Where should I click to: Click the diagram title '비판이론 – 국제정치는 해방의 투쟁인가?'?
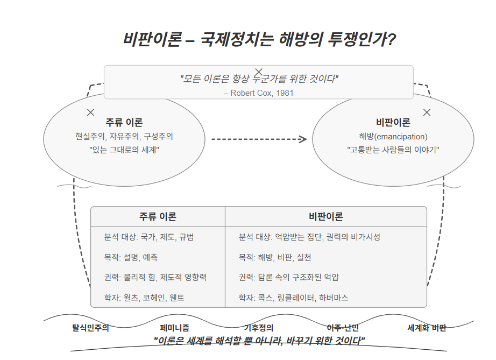[x=259, y=39]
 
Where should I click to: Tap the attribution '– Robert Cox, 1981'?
[x=258, y=93]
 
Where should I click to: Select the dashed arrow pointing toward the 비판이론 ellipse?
[x=258, y=139]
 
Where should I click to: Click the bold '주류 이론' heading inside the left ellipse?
[x=124, y=122]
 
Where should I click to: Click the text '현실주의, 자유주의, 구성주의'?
[x=124, y=137]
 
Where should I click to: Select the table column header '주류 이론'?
[x=158, y=216]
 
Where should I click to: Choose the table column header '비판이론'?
[x=325, y=216]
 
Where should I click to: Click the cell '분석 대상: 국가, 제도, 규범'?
[x=149, y=237]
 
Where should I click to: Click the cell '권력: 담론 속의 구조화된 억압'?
[x=288, y=277]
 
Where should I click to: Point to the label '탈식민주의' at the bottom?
[x=91, y=327]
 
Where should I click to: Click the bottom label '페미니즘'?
[x=175, y=327]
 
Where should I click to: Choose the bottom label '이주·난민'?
[x=343, y=327]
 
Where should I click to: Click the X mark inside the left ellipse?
[x=90, y=112]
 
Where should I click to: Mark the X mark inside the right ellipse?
[x=427, y=112]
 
